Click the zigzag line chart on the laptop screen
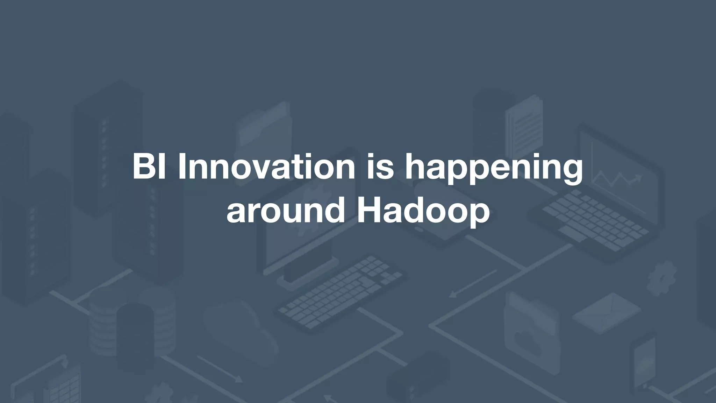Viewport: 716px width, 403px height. pyautogui.click(x=617, y=180)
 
